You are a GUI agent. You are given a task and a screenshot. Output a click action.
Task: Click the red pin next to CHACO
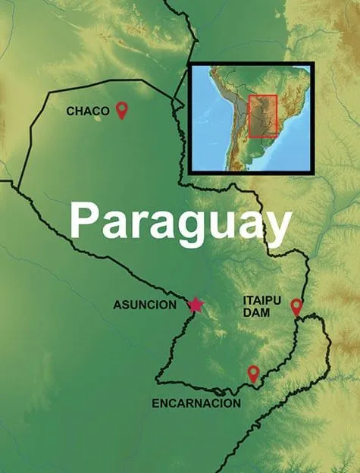pyautogui.click(x=122, y=111)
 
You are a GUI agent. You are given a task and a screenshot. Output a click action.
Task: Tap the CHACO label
pyautogui.click(x=88, y=111)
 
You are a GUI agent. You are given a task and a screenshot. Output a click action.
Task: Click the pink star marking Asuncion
pyautogui.click(x=196, y=305)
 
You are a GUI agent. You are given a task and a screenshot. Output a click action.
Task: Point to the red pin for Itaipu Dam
pyautogui.click(x=296, y=306)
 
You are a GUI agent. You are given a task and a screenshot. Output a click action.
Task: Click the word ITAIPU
pyautogui.click(x=261, y=301)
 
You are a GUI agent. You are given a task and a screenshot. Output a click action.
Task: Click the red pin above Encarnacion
pyautogui.click(x=254, y=373)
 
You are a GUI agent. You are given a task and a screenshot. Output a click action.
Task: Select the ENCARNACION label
pyautogui.click(x=196, y=403)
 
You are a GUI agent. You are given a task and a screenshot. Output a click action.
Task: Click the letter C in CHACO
pyautogui.click(x=70, y=111)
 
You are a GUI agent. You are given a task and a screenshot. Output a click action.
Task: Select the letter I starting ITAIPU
pyautogui.click(x=246, y=301)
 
